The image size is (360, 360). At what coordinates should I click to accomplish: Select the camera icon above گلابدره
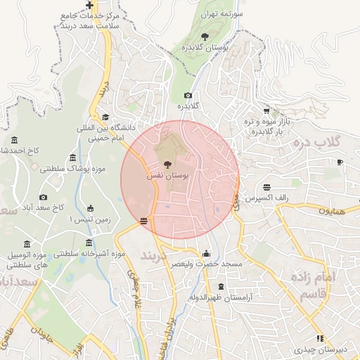coord(188,96)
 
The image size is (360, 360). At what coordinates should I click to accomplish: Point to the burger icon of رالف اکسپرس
coord(266,188)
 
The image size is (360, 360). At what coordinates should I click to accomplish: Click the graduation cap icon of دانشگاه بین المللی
coord(105,117)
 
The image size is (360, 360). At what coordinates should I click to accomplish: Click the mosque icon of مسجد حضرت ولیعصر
coord(205,253)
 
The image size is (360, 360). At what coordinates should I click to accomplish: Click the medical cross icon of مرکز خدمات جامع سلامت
coord(89,5)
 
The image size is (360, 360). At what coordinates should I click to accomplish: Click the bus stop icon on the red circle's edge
coord(144,221)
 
